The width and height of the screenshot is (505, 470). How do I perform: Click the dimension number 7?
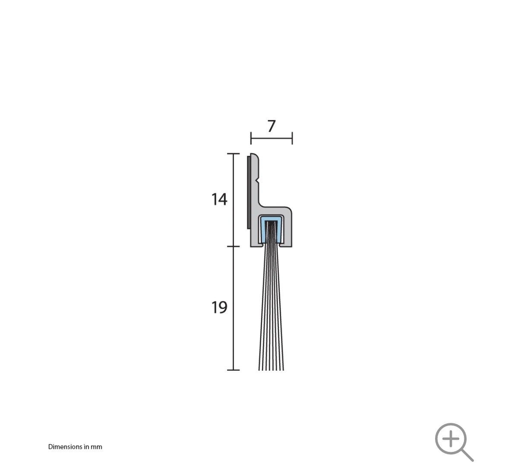pos(271,126)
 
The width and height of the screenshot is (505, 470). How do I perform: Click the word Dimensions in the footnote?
pos(65,447)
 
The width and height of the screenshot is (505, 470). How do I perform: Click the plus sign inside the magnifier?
pos(451,439)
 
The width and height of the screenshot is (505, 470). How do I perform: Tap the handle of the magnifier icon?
pos(467,455)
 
